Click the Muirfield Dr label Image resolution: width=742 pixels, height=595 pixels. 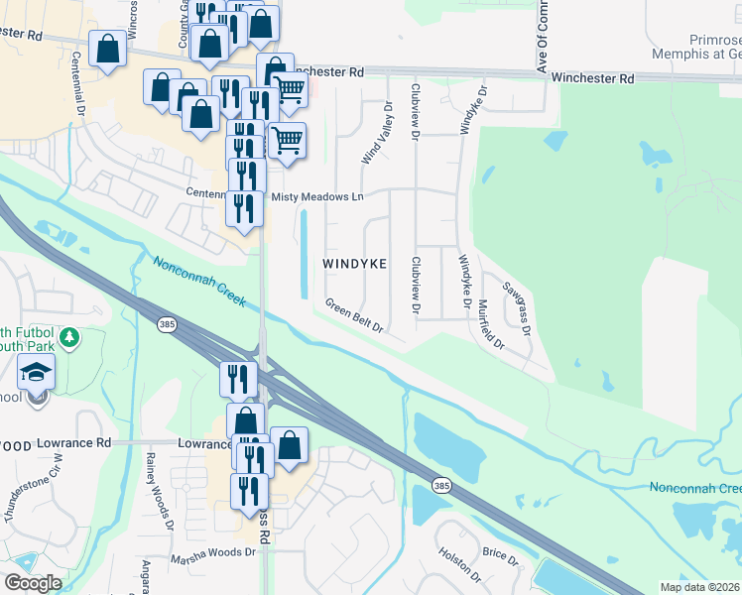pyautogui.click(x=491, y=326)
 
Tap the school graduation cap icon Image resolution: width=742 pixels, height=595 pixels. pyautogui.click(x=37, y=373)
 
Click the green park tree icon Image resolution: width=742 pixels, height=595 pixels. pyautogui.click(x=68, y=338)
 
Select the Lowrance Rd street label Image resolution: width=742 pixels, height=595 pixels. pyautogui.click(x=75, y=442)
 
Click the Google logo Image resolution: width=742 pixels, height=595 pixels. pyautogui.click(x=32, y=583)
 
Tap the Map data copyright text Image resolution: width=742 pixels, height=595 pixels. pyautogui.click(x=698, y=587)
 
